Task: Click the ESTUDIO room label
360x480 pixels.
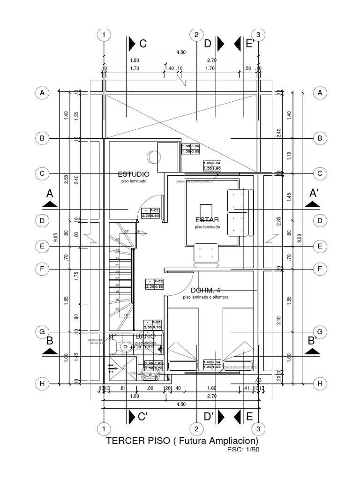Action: pos(134,173)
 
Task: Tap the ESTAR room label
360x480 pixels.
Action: pos(207,219)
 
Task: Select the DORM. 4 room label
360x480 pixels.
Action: pos(205,290)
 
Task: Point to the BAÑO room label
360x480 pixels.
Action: pos(145,336)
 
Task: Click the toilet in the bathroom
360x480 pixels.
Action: pos(125,347)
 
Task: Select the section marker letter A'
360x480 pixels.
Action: pos(314,193)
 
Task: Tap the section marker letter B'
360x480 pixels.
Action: pos(313,340)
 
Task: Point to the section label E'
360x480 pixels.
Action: pos(250,44)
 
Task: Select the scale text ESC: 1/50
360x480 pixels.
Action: pos(243,450)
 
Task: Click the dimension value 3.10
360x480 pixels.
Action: pos(278,321)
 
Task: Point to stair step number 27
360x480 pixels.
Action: pos(126,232)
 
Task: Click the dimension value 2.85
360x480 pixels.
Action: pos(278,220)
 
